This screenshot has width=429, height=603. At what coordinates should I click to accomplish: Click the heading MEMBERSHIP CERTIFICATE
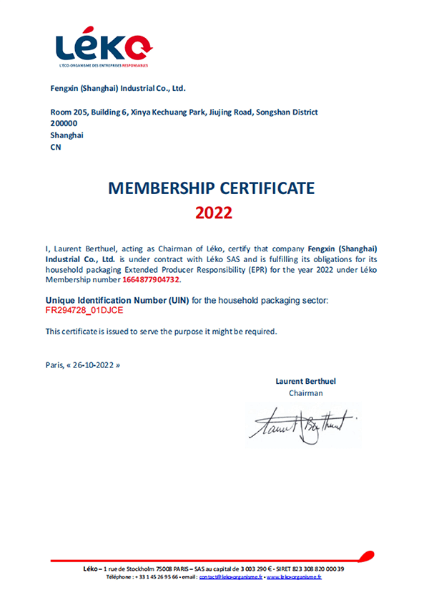coord(211,188)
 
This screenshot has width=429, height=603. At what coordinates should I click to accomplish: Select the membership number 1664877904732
coord(152,279)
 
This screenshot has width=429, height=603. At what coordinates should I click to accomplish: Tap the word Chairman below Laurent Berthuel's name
coord(306,392)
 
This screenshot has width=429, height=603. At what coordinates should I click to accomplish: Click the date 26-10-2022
coord(94,365)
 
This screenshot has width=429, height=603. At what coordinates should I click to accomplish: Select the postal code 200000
coord(64,123)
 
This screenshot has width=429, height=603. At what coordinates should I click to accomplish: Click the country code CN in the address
coord(56,146)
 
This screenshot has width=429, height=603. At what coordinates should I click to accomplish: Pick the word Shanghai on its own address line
coord(67,135)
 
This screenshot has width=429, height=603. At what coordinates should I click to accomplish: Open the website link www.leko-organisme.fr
coord(294,576)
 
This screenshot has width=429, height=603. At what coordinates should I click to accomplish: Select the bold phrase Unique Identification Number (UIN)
coord(117,301)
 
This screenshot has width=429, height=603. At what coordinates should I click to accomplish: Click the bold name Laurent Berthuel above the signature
coord(305,381)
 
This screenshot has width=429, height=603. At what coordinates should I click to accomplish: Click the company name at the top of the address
coord(117,89)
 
